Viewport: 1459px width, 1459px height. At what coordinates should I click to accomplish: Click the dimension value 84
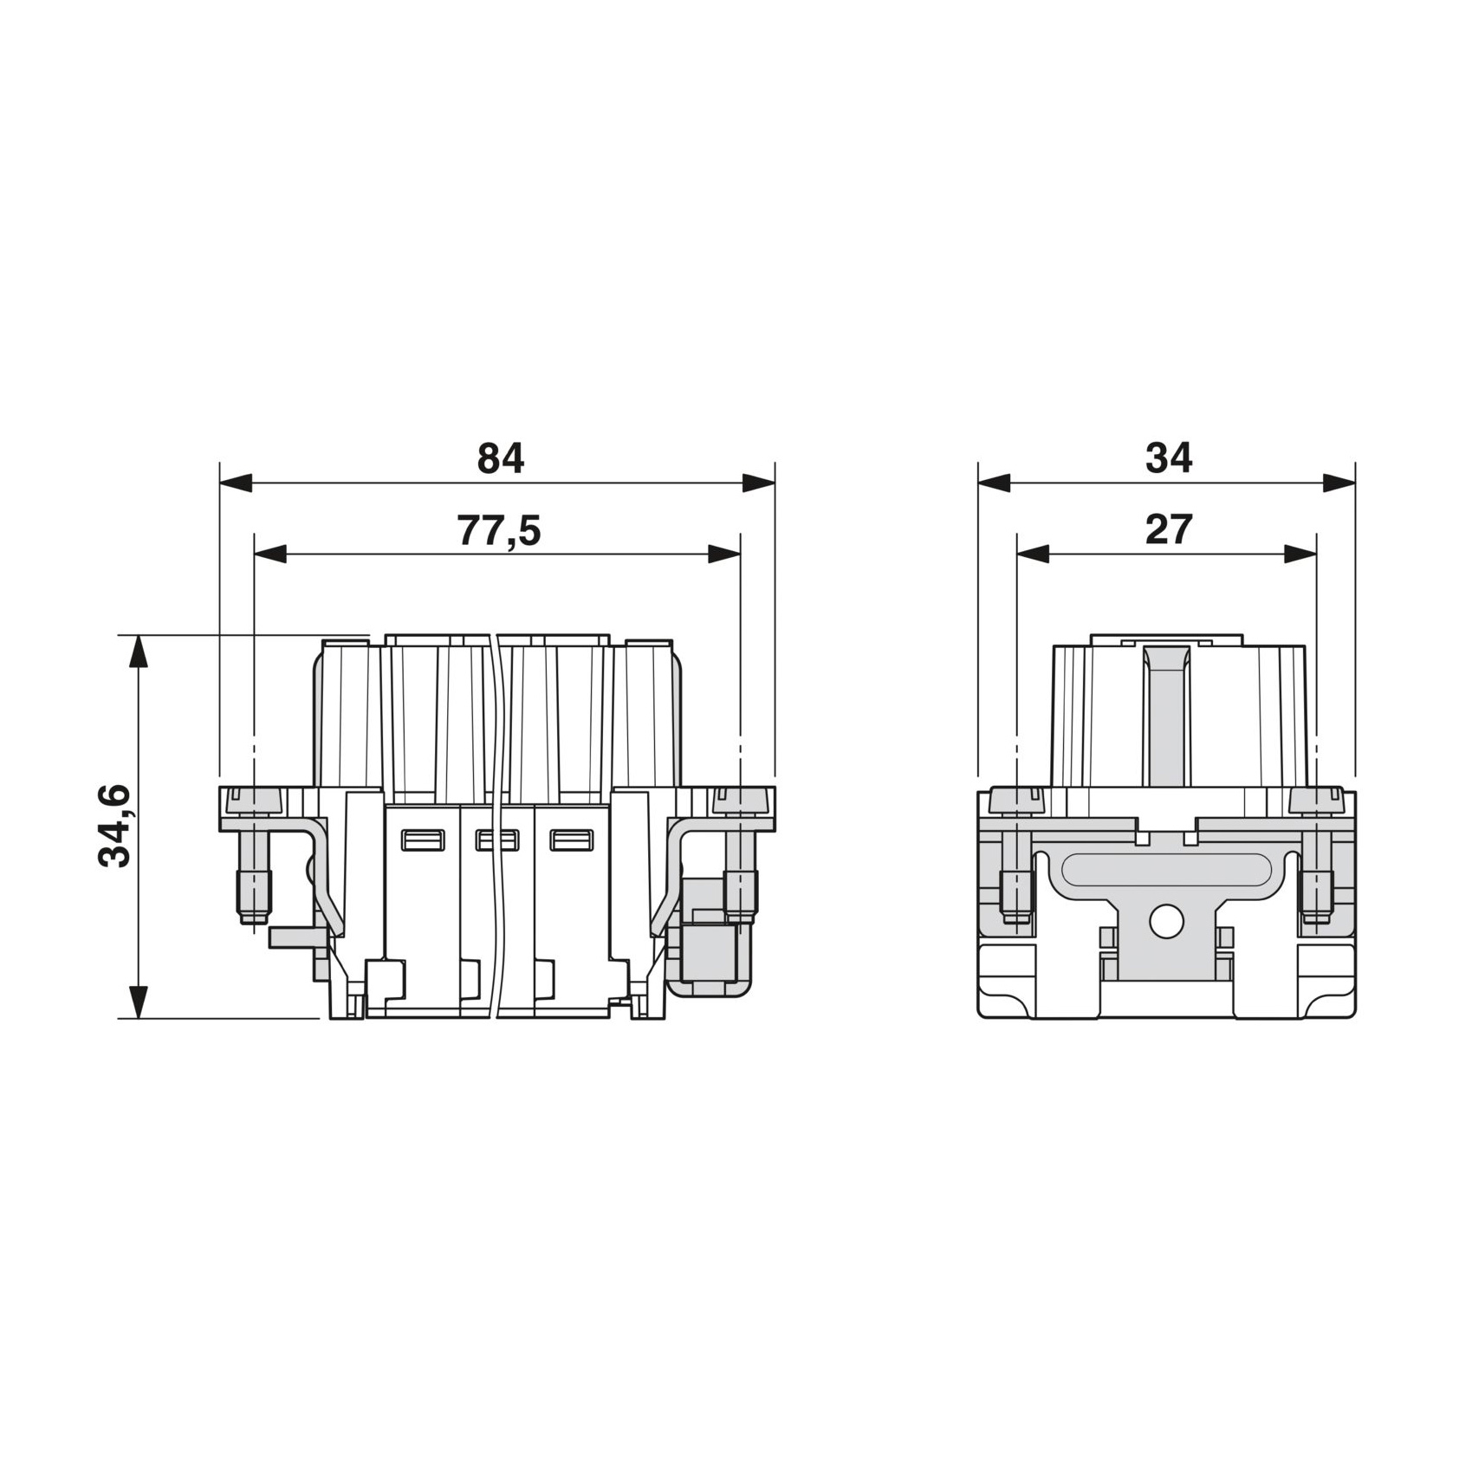(x=501, y=458)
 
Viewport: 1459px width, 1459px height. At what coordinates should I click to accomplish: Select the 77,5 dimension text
(x=498, y=531)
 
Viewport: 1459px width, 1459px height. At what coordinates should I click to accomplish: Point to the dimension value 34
(x=1169, y=457)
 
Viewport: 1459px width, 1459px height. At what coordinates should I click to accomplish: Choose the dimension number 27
(x=1169, y=529)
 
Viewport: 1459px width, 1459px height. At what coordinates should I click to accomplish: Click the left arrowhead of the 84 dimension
(x=236, y=483)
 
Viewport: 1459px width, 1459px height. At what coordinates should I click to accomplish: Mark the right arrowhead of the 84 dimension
(x=759, y=483)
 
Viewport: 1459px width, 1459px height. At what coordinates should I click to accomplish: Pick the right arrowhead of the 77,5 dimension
(x=725, y=554)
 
